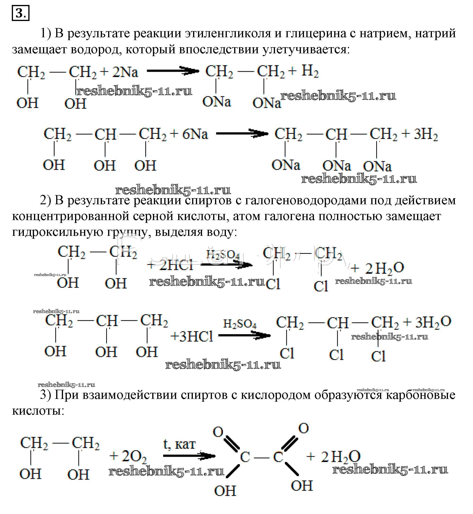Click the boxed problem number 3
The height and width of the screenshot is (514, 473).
(21, 13)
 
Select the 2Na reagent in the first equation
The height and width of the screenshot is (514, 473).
(125, 72)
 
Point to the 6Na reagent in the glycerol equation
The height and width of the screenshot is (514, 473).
(195, 134)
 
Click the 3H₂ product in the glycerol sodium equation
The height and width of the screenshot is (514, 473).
(426, 134)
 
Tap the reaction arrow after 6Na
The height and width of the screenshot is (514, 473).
(242, 133)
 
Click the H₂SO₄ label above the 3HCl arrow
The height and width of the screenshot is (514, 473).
(240, 324)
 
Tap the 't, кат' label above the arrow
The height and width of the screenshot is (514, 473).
(179, 444)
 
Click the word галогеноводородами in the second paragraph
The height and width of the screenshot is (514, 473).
(306, 200)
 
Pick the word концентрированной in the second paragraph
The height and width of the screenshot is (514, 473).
(70, 216)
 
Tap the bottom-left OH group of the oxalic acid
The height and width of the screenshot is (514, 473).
(225, 491)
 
